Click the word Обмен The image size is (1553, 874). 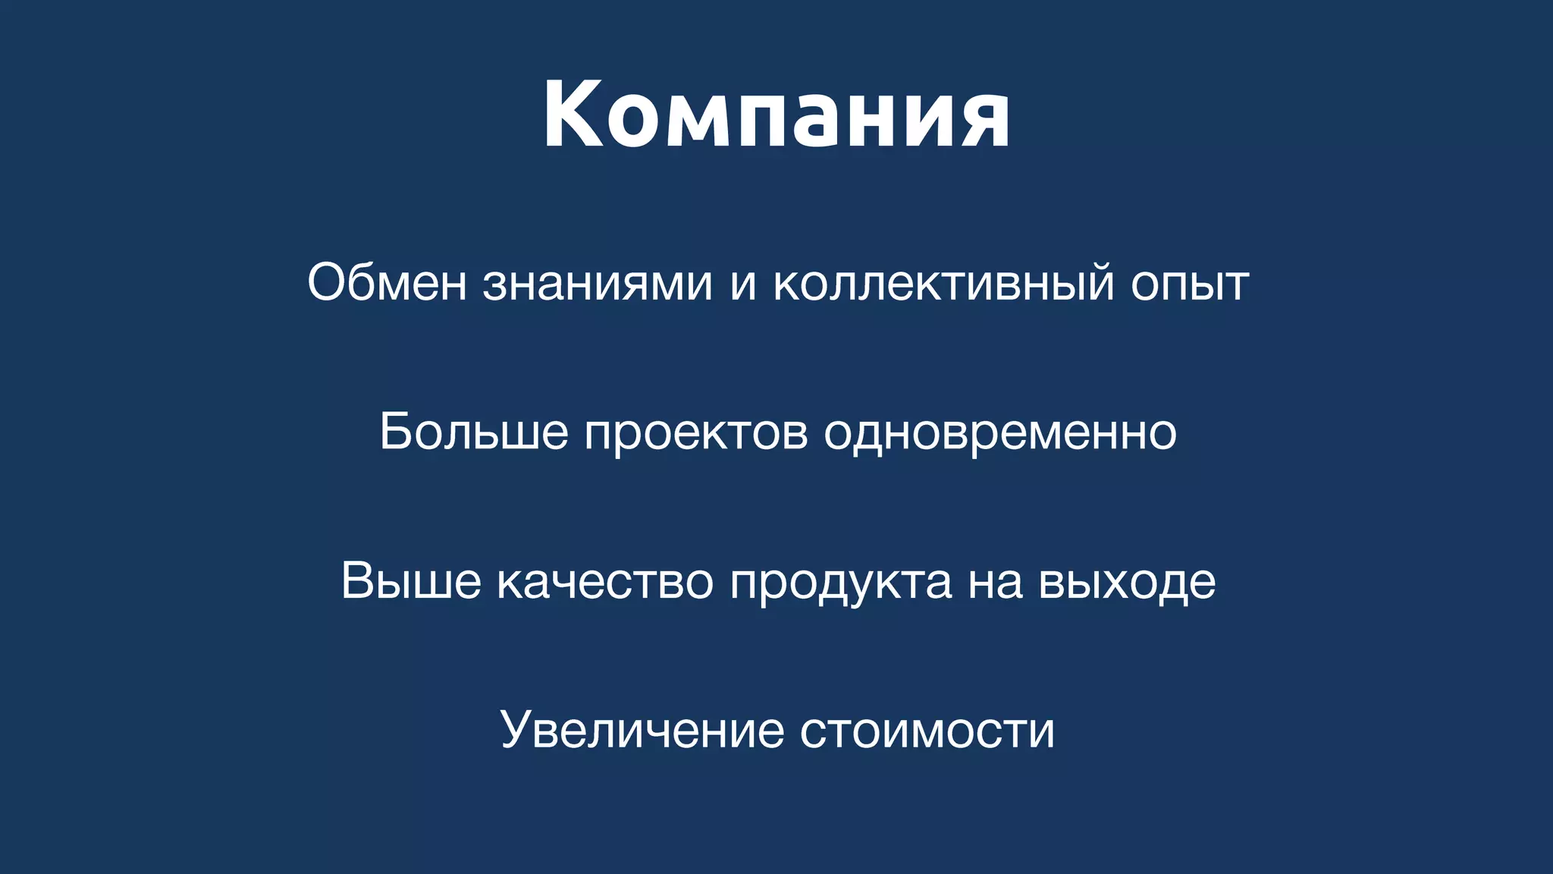[387, 283]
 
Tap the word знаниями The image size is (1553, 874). [598, 283]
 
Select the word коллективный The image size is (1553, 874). [943, 283]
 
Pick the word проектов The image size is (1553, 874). [695, 432]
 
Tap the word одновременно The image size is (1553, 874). [1000, 432]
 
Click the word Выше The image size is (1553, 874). [411, 581]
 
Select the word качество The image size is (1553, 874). [605, 581]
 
